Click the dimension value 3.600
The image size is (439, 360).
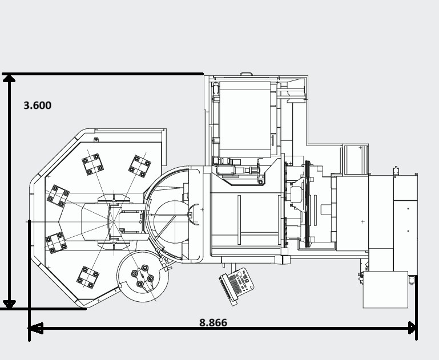(38, 106)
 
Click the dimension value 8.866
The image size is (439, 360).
(213, 322)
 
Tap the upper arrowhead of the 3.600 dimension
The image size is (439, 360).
(9, 78)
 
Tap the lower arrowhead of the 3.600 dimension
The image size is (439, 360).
(9, 304)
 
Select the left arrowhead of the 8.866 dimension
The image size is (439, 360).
(35, 328)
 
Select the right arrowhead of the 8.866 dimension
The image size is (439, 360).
(412, 328)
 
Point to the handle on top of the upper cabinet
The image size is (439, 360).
(246, 74)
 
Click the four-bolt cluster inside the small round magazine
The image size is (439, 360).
(143, 276)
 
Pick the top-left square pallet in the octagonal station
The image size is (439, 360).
(92, 164)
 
